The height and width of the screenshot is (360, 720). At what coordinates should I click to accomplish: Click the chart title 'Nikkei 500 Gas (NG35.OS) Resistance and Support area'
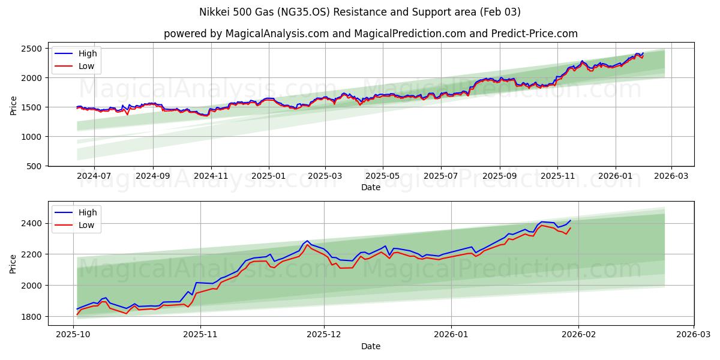tap(359, 12)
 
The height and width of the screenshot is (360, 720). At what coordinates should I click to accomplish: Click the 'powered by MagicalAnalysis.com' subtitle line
tap(370, 34)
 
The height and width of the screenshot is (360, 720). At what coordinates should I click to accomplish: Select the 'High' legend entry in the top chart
tap(88, 53)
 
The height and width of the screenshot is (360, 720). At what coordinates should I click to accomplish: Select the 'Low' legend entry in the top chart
tap(86, 66)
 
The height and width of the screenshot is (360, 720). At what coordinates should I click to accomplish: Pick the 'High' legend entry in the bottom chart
tap(88, 212)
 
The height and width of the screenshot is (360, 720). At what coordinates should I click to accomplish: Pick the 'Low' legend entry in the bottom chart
tap(86, 225)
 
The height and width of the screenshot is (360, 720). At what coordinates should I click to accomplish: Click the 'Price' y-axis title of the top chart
tap(13, 105)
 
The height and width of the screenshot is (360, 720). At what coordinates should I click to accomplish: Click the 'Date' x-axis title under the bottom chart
tap(370, 346)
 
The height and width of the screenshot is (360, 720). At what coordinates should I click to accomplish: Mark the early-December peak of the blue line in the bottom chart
tap(307, 241)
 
